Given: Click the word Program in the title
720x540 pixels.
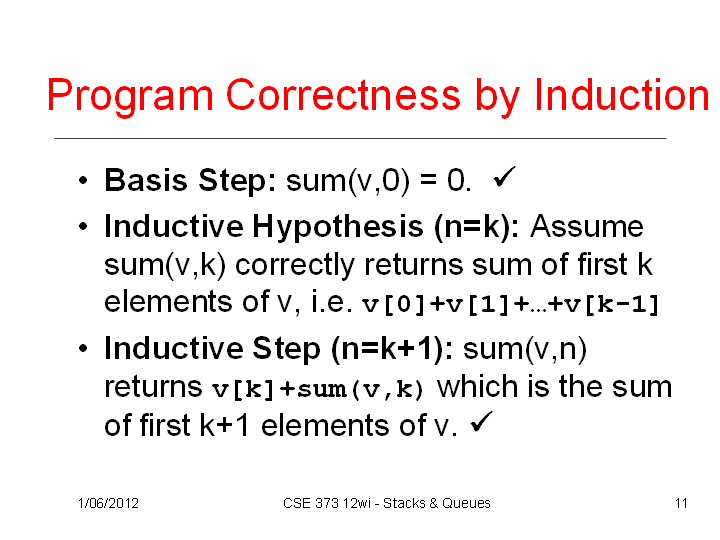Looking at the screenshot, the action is tap(130, 97).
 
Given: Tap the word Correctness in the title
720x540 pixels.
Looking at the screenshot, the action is tap(343, 95).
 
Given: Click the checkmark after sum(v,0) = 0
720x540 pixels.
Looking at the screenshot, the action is tap(504, 177).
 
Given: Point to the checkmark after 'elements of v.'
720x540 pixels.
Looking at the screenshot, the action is tap(482, 422).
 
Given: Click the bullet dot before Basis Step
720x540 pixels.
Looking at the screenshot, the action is tap(83, 180).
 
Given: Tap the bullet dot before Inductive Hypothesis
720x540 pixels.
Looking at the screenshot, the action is tap(83, 226).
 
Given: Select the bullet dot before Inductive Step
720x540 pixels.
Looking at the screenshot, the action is tap(83, 349).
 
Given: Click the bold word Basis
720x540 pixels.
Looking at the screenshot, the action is tap(146, 180).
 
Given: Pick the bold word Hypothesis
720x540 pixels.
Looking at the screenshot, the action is tap(338, 228).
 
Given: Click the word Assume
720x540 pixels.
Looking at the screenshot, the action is tap(587, 226).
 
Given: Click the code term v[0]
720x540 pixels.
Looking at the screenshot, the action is tap(394, 305).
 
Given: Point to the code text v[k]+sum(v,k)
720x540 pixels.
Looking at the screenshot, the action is tap(317, 389).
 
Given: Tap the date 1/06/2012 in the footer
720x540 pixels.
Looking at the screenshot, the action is tap(108, 503).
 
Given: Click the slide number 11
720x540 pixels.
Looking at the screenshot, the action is tap(681, 503).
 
